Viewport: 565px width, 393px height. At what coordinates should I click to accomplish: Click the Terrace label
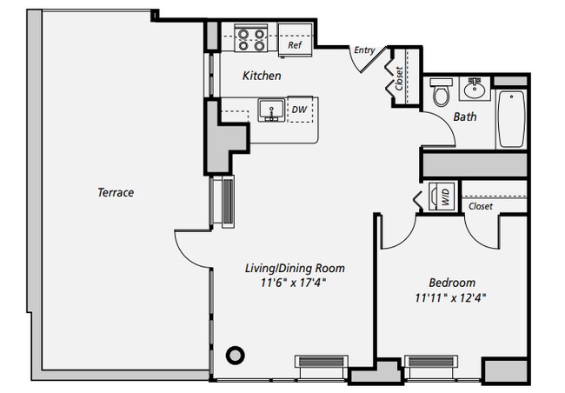click(116, 192)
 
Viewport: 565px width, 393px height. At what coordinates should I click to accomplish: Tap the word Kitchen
click(262, 77)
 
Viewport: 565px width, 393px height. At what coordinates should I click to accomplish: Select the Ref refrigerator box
click(296, 44)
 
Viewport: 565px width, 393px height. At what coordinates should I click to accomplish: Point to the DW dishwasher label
click(298, 110)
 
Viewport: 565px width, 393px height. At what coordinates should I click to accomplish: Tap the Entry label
click(364, 50)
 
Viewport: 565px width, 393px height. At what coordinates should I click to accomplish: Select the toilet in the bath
click(441, 90)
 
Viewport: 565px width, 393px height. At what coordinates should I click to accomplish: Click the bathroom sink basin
click(475, 88)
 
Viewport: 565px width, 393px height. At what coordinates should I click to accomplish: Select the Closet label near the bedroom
click(480, 207)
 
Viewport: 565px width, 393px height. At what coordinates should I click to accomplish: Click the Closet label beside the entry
click(399, 79)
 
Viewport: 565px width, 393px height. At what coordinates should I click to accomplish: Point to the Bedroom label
click(452, 283)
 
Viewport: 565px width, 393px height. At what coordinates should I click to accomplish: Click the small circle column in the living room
click(235, 355)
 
